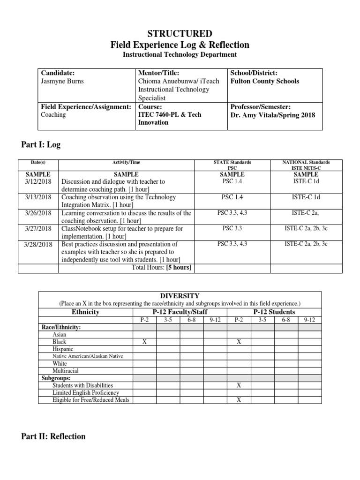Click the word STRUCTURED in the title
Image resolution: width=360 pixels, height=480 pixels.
pyautogui.click(x=180, y=34)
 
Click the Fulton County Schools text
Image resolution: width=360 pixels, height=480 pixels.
pyautogui.click(x=264, y=81)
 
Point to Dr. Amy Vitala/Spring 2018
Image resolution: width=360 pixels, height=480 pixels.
pyautogui.click(x=272, y=115)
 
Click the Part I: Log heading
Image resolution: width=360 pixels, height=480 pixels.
pyautogui.click(x=41, y=145)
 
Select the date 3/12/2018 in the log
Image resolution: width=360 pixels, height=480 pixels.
pyautogui.click(x=38, y=181)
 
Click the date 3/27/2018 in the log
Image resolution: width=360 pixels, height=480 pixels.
pyautogui.click(x=38, y=229)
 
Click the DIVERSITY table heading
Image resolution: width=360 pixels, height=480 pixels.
pyautogui.click(x=180, y=296)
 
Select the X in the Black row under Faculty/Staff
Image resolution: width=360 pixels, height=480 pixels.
pyautogui.click(x=145, y=342)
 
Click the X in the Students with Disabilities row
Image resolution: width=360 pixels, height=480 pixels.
pyautogui.click(x=239, y=385)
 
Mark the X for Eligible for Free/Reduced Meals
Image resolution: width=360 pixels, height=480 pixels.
pyautogui.click(x=239, y=400)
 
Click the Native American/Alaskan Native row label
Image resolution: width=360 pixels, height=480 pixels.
pyautogui.click(x=88, y=356)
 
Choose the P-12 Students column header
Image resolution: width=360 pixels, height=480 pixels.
pyautogui.click(x=274, y=312)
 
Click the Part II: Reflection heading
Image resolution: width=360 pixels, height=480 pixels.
pyautogui.click(x=53, y=436)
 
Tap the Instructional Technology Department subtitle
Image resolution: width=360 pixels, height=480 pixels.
pyautogui.click(x=180, y=55)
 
